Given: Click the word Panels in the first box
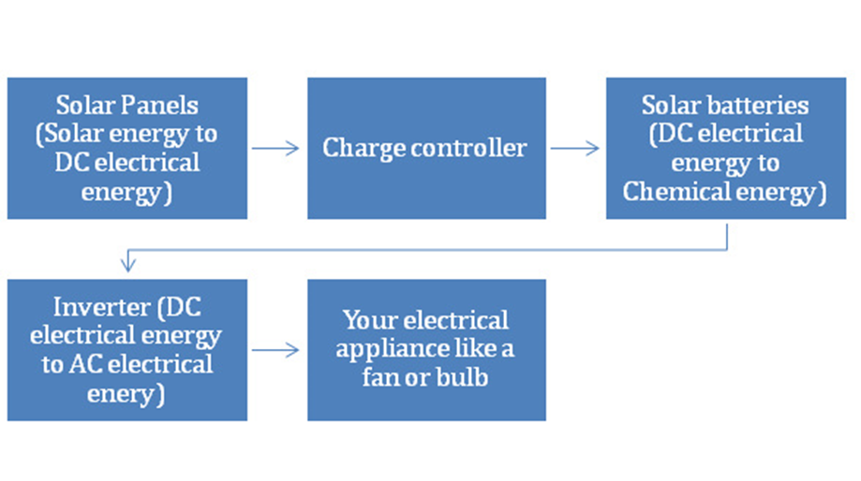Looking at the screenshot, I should [x=165, y=104].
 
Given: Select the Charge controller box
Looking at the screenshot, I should [x=426, y=148].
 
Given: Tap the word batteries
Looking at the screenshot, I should [x=760, y=104].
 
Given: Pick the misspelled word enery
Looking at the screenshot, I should [x=121, y=394].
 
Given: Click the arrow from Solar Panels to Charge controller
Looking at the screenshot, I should [x=276, y=148].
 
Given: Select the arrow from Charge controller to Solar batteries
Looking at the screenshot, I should [x=575, y=148].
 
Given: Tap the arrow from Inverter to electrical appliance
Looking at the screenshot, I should [x=276, y=350].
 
